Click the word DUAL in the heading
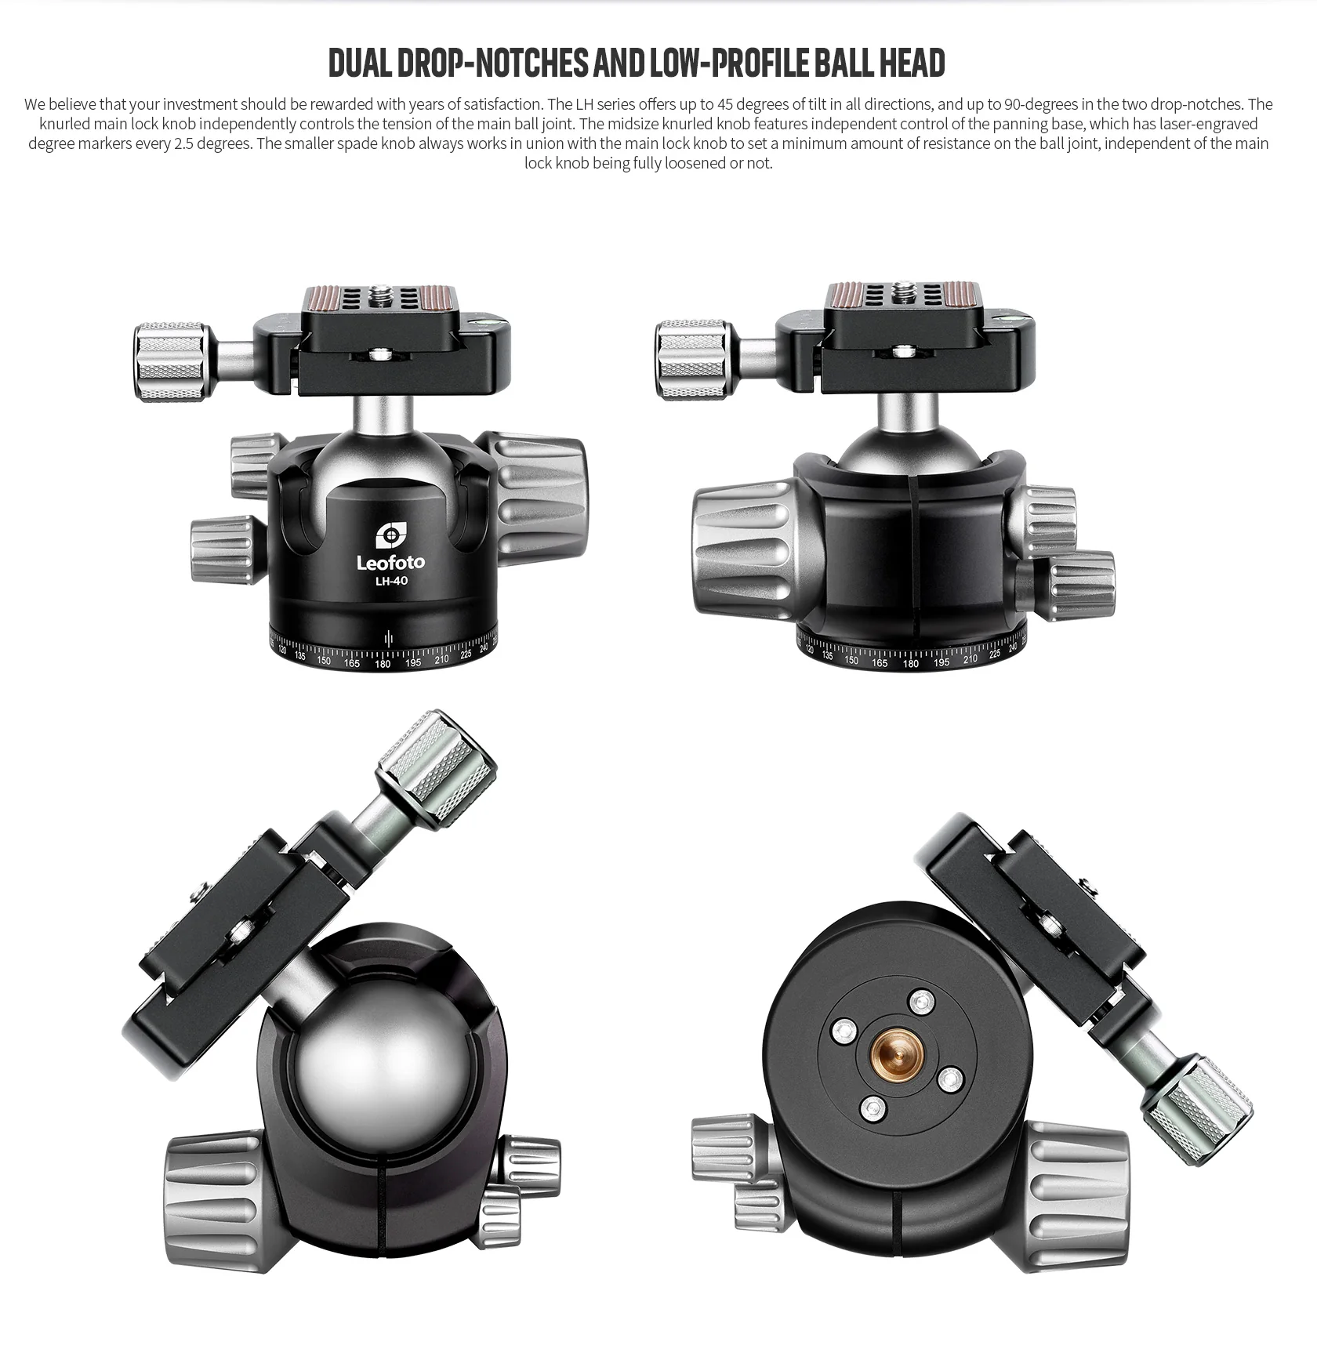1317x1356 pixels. coord(359,63)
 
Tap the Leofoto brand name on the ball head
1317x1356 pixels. coord(390,562)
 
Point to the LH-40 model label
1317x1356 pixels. coord(390,581)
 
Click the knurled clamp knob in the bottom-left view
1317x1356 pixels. coord(436,763)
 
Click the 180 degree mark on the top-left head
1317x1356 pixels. coord(382,664)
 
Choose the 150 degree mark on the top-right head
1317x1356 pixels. coord(851,660)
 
